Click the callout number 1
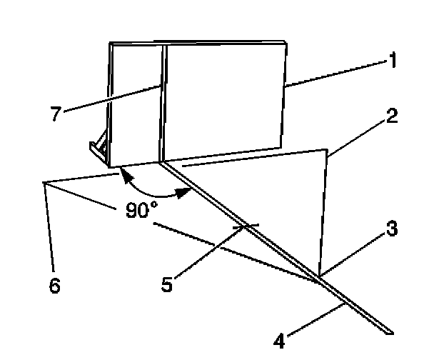tap(390, 62)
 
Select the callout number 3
tap(392, 231)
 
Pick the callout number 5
tap(166, 284)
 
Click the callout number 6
tap(55, 286)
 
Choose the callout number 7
tap(55, 114)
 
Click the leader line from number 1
tap(335, 74)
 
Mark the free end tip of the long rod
tap(390, 331)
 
